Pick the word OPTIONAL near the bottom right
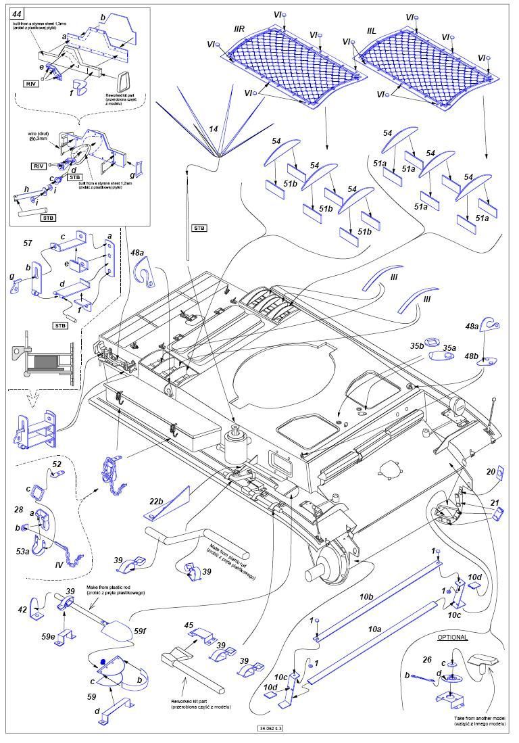[452, 638]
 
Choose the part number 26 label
[426, 660]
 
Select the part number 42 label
[22, 609]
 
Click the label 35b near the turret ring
[416, 345]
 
